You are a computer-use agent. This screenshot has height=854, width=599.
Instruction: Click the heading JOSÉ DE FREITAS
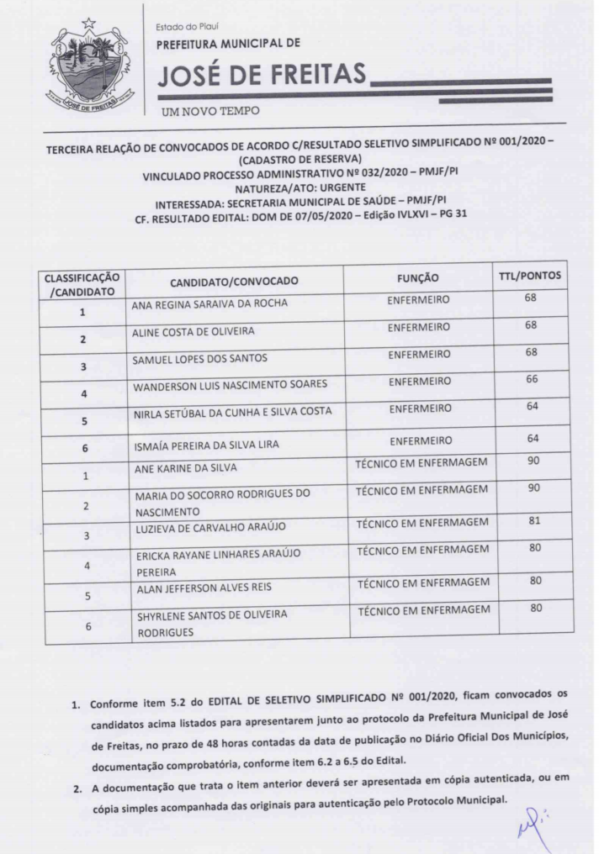pos(262,77)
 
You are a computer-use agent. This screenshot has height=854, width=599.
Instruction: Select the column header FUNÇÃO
pos(417,277)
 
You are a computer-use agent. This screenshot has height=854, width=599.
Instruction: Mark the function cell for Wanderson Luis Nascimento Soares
pos(418,381)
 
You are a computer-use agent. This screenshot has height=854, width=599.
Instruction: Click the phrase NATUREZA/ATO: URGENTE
pos(299,187)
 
